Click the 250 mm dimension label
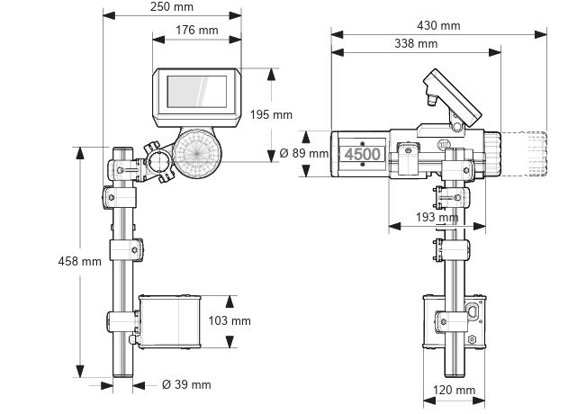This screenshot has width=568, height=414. click(x=172, y=7)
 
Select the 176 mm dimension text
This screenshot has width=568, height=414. click(x=196, y=31)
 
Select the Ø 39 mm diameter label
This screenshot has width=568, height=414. click(x=186, y=385)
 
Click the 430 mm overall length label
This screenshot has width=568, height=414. click(x=438, y=26)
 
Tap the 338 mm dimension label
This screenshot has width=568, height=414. click(x=416, y=43)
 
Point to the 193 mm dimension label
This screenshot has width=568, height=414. click(x=437, y=218)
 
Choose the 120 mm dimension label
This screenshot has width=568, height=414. click(x=455, y=391)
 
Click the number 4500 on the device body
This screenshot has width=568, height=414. click(x=363, y=154)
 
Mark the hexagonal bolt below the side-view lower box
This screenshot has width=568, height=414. click(x=471, y=338)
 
